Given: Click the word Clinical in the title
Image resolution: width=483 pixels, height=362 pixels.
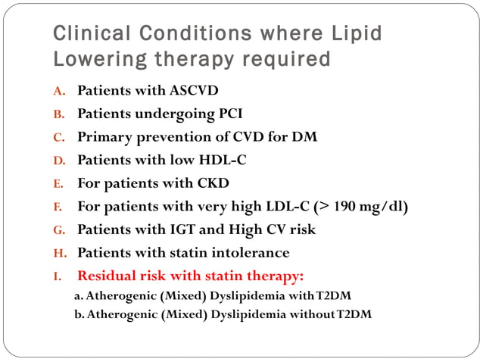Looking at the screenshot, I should point(84,34).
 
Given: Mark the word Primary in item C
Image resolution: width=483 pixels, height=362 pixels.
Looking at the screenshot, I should point(105,138).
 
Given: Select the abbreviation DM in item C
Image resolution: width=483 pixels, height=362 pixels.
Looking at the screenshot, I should point(304,138).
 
